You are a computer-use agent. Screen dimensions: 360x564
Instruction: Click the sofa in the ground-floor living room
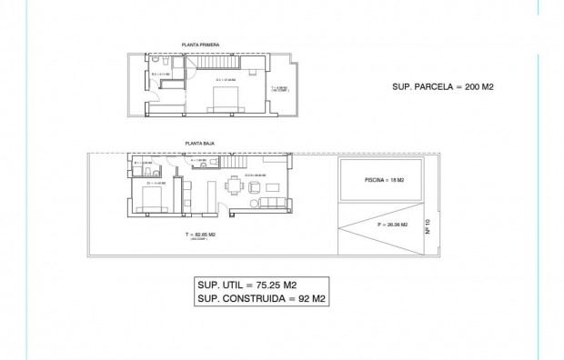point(273,201)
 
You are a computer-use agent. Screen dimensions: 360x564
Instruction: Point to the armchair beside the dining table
point(255,184)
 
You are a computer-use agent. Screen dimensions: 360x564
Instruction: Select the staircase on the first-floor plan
point(218,65)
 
